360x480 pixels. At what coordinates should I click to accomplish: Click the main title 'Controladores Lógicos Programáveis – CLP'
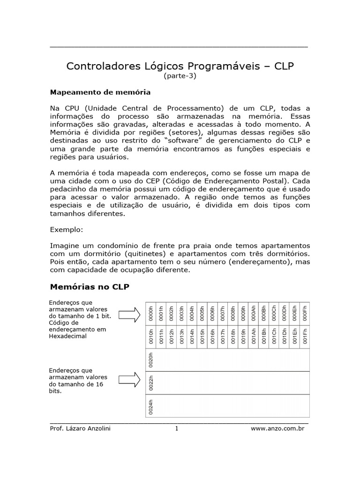click(x=180, y=66)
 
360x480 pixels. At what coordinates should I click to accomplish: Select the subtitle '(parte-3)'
click(x=180, y=76)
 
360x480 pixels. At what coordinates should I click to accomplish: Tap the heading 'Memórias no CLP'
click(x=89, y=286)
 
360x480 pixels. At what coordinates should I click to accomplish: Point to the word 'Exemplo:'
click(x=66, y=230)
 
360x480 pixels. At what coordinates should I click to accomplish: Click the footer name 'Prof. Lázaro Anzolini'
click(x=80, y=428)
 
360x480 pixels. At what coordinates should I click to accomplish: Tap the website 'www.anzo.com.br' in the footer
click(x=277, y=428)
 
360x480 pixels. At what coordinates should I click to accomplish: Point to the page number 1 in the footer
click(x=177, y=428)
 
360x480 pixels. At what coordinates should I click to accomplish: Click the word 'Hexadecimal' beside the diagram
click(x=67, y=336)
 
